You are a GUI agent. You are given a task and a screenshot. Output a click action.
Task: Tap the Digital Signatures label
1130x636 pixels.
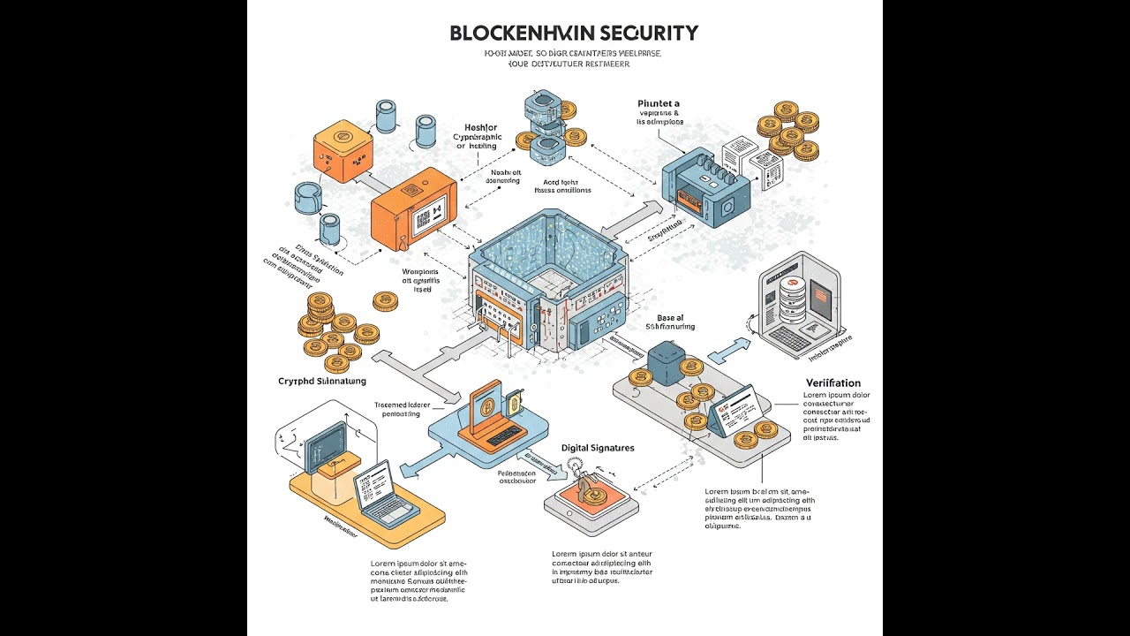[598, 448]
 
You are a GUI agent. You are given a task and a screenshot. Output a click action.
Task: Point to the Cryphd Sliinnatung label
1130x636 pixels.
[321, 381]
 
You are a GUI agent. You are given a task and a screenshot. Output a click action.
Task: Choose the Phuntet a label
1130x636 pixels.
[658, 103]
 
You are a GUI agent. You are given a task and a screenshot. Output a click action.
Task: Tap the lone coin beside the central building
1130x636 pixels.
[385, 302]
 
